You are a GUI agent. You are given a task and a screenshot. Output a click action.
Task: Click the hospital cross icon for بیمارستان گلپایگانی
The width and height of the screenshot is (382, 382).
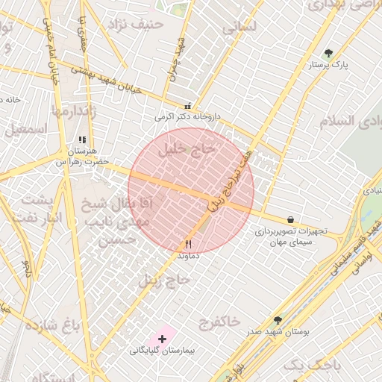tap(162, 339)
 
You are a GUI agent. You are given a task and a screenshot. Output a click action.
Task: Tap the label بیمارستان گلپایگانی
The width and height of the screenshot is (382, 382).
tap(161, 350)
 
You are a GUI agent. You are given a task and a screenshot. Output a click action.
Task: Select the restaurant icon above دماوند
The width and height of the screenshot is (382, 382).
tap(188, 244)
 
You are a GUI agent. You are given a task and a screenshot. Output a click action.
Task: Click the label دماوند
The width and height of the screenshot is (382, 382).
tap(188, 255)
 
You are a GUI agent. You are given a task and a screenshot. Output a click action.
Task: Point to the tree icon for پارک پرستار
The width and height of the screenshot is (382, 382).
tap(329, 53)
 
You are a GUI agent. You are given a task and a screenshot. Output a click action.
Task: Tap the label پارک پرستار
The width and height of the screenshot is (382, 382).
tap(330, 65)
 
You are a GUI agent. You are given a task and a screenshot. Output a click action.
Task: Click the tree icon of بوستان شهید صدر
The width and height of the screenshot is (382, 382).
tap(278, 320)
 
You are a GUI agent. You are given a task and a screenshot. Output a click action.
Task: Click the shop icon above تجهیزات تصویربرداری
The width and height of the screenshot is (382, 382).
tap(289, 220)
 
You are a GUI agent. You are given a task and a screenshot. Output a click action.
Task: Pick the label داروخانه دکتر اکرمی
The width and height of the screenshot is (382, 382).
tap(189, 117)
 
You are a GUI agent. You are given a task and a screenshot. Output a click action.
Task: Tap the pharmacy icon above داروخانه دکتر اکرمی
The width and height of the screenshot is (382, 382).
tap(187, 106)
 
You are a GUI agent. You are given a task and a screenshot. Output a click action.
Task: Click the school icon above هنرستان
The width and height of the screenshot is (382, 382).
tap(82, 140)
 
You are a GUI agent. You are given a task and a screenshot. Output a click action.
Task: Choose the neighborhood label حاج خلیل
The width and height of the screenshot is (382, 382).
tap(186, 149)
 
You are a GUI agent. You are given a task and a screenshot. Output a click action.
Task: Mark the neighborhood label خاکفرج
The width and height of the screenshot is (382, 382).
tap(220, 322)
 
